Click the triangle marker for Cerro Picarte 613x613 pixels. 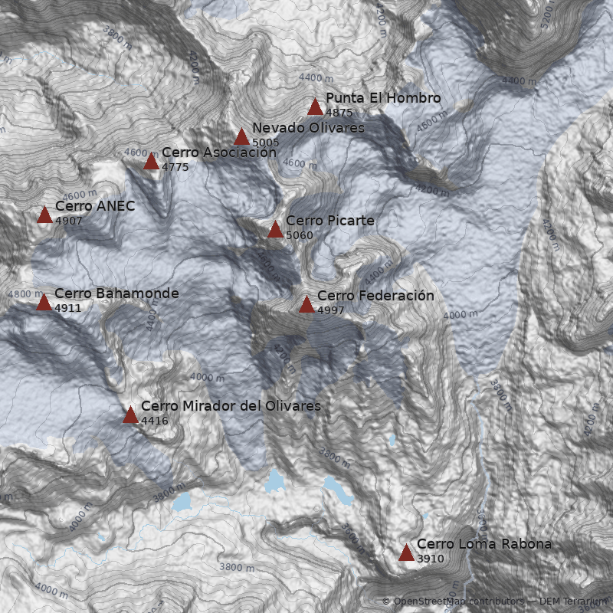pos(275,229)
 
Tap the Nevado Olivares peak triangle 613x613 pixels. pos(241,137)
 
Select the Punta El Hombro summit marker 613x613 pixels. pos(315,107)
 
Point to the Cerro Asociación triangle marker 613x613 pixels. pos(151,162)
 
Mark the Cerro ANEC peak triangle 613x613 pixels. pos(44,215)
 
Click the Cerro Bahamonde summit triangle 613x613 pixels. pos(44,303)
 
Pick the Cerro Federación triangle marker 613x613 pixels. pos(306,305)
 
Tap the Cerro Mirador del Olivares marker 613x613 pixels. pos(130,415)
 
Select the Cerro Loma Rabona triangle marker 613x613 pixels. pos(406,553)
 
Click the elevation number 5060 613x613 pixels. pos(299,235)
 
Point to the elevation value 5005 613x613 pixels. pos(265,143)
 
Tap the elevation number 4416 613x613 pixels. pos(154,421)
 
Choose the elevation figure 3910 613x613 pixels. pos(430,559)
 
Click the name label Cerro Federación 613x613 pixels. pos(375,296)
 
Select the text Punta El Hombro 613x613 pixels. pos(383,98)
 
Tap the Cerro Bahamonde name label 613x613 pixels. pos(116,293)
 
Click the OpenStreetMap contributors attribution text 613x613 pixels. pos(458,602)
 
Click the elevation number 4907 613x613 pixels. pos(68,221)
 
